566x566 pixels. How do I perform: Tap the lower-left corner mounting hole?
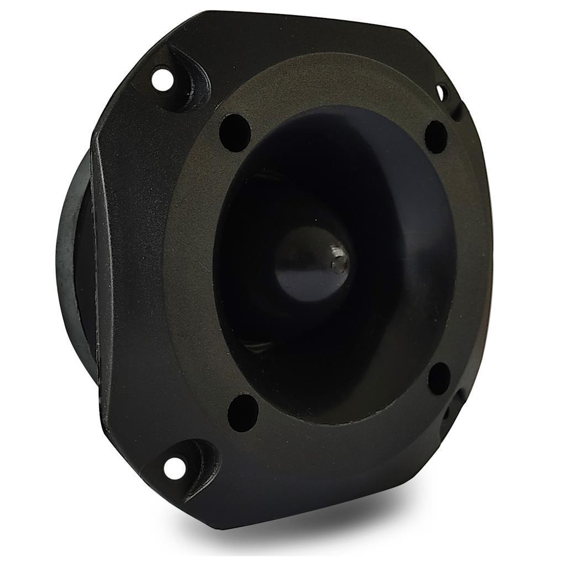click(x=174, y=468)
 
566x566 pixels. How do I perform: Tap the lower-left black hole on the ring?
click(x=243, y=412)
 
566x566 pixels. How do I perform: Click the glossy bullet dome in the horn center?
click(x=310, y=265)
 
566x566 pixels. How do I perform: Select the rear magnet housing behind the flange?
click(x=75, y=260)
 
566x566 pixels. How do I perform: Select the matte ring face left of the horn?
click(x=188, y=265)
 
